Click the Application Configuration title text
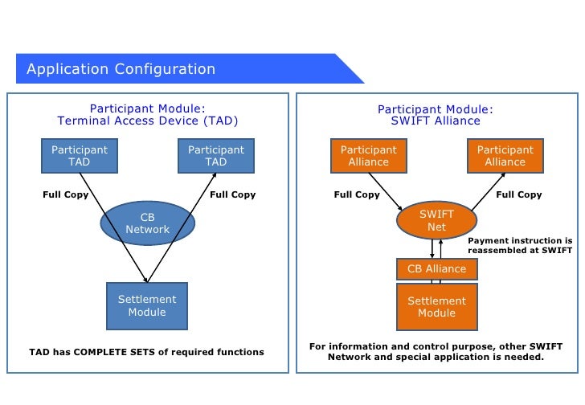tap(121, 69)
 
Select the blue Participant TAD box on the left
tap(80, 156)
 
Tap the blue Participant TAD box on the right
tap(216, 156)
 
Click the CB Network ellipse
tap(147, 223)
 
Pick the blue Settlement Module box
tap(147, 306)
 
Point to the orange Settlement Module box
tap(437, 307)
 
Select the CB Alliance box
tap(437, 269)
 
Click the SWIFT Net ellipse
tap(436, 220)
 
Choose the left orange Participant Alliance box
tap(369, 156)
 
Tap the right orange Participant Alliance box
tap(505, 156)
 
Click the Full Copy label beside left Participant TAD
tap(66, 194)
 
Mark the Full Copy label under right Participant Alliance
tap(519, 194)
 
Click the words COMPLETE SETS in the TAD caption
tap(115, 352)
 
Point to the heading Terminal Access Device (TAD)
tap(147, 121)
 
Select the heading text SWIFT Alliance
tap(436, 121)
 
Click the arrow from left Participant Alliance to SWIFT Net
tap(386, 192)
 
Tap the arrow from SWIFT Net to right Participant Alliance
tap(489, 192)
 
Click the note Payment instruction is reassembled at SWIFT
tap(520, 245)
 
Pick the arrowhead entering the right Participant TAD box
tap(215, 175)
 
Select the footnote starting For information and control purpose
tap(436, 352)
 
